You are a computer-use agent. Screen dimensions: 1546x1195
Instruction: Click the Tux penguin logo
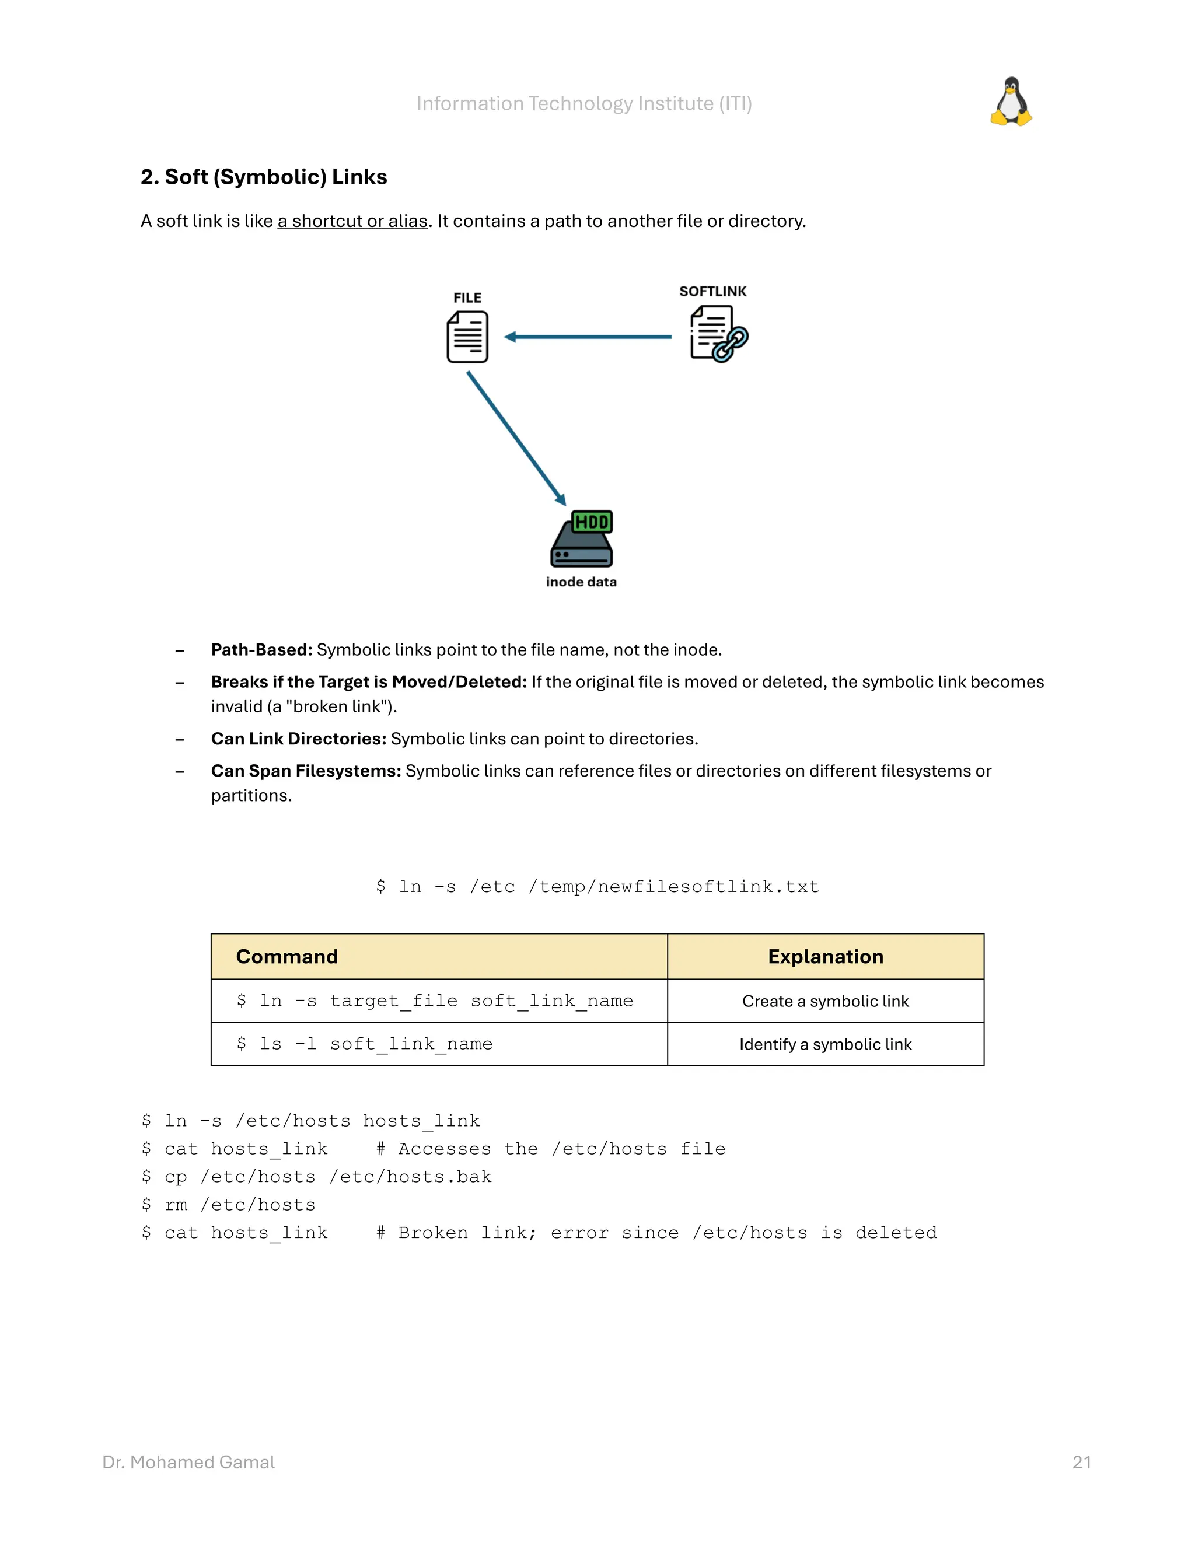click(1011, 102)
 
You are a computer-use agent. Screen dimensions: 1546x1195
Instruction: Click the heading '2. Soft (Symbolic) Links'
click(263, 177)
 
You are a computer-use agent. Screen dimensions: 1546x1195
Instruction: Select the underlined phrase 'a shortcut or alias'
click(352, 222)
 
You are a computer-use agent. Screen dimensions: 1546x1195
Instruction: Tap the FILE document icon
click(467, 337)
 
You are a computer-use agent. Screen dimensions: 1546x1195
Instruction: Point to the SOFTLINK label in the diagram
click(712, 292)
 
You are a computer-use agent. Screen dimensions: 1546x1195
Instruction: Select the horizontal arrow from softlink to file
click(588, 337)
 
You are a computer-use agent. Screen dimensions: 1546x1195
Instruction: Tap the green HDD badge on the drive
click(592, 522)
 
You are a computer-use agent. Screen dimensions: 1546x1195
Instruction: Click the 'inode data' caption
click(581, 582)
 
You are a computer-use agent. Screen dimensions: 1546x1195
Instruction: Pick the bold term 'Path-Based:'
click(261, 650)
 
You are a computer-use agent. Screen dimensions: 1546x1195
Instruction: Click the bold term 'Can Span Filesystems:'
click(306, 771)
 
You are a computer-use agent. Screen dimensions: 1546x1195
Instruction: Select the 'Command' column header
click(286, 957)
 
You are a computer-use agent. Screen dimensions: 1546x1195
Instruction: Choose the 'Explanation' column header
click(826, 957)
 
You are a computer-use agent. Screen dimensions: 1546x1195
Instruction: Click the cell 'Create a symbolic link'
click(826, 1002)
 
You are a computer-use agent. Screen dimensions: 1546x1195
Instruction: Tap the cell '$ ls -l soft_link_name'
click(365, 1044)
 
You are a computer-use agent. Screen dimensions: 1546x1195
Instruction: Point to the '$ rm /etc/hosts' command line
click(228, 1205)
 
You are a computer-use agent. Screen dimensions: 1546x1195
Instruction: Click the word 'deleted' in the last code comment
click(896, 1233)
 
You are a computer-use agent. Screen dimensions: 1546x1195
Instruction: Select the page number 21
click(1082, 1463)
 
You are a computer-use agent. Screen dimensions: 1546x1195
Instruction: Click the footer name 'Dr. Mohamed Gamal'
click(188, 1463)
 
